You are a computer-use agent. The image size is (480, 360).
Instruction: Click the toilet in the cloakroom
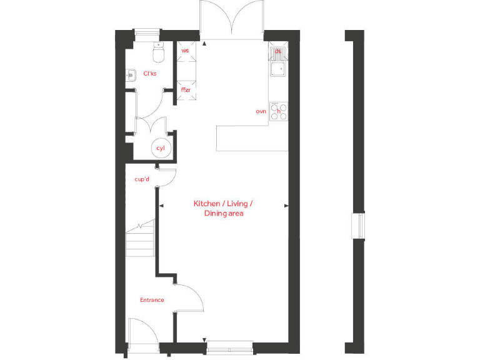(158, 54)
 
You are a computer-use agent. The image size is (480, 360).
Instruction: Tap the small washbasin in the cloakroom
(131, 75)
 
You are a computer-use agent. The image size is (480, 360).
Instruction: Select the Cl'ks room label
(150, 74)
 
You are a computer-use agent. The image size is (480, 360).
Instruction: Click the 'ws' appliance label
(185, 50)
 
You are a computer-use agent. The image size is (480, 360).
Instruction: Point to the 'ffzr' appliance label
(186, 90)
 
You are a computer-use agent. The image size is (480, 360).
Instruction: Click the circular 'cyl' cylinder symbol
(161, 148)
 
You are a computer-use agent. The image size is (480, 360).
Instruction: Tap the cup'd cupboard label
(142, 179)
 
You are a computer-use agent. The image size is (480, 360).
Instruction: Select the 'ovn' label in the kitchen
(261, 111)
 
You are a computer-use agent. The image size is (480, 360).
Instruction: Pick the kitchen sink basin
(277, 68)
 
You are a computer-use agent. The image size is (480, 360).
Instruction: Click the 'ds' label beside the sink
(278, 51)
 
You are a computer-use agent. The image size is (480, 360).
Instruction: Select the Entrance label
(152, 300)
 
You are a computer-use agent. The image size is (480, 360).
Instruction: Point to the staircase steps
(140, 239)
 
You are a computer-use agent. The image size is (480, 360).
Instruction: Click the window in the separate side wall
(358, 226)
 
